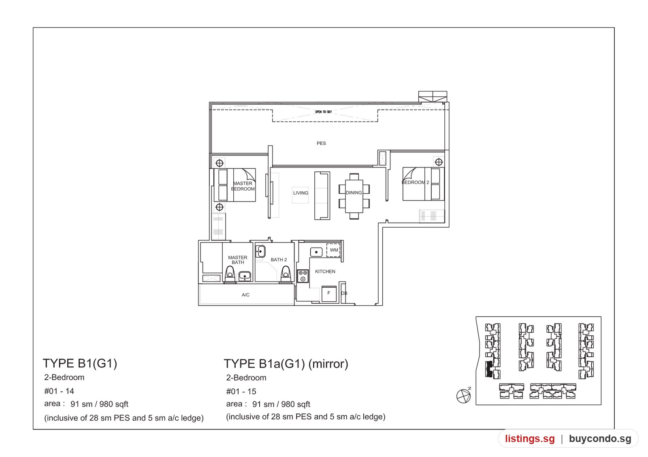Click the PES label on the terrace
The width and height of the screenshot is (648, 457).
[x=321, y=143]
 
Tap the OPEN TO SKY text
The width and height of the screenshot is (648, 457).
[x=324, y=112]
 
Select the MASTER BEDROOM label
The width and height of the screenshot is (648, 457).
[x=243, y=186]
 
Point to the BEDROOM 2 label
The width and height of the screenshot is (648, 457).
[x=416, y=182]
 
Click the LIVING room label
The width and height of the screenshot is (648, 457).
[x=301, y=193]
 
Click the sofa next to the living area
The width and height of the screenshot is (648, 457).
[x=322, y=196]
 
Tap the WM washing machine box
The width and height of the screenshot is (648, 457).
[x=333, y=250]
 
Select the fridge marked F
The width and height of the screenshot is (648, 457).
[x=329, y=294]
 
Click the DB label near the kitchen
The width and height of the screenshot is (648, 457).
[x=344, y=293]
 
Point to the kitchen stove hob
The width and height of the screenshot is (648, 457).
[x=303, y=276]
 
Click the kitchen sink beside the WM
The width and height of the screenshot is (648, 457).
[x=316, y=252]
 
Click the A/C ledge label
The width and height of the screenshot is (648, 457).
[x=245, y=295]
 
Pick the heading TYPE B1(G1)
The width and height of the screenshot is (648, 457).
[x=80, y=363]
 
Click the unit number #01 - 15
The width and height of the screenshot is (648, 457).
[x=241, y=391]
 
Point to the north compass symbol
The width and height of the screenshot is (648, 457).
[x=463, y=396]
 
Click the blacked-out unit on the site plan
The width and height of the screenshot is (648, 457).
[x=489, y=369]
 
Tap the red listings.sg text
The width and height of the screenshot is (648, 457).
[x=530, y=438]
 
